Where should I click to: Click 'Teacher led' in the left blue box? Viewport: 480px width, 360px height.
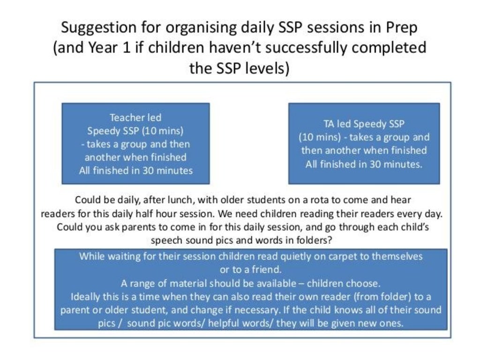(x=135, y=117)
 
